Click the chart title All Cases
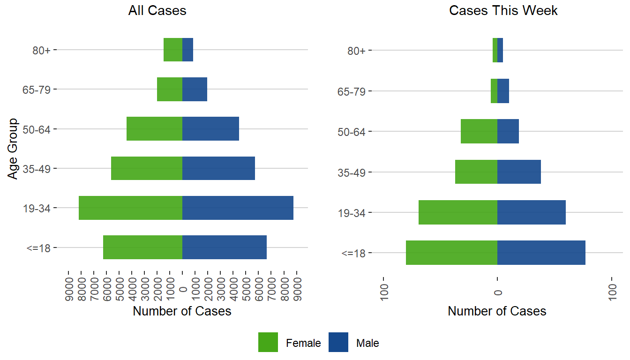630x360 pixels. (157, 11)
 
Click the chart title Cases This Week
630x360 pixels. (503, 11)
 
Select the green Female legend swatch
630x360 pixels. (268, 342)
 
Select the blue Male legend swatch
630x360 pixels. (338, 342)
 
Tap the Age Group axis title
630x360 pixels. (13, 148)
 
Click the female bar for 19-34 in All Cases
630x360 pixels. (130, 208)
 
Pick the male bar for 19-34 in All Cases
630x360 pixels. (238, 208)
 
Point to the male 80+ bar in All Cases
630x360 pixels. (187, 49)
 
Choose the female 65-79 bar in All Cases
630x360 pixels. (170, 89)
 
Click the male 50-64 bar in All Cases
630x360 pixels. (210, 128)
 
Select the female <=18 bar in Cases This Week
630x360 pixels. (451, 253)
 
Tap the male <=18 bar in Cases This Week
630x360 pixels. (541, 253)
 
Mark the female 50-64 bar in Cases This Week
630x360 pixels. (479, 131)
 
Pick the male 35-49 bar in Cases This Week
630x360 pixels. (519, 172)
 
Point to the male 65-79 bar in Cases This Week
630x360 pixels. (503, 91)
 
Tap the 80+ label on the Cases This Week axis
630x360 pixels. (357, 50)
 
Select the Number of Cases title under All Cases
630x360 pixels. (182, 311)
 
